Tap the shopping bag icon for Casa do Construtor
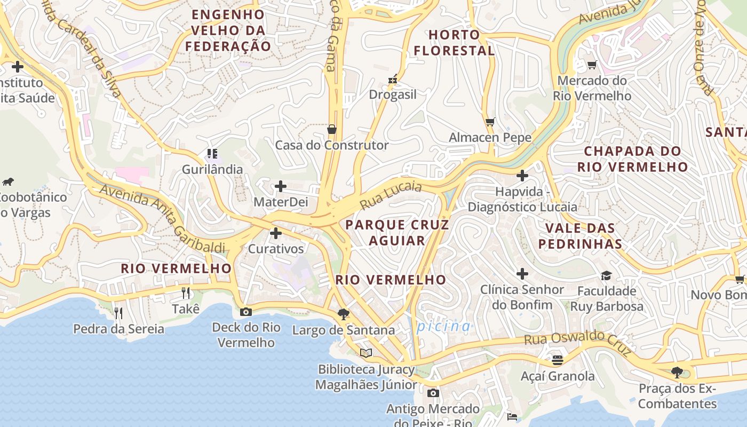click(x=331, y=129)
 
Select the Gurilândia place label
click(x=212, y=169)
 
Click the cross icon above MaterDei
click(x=281, y=186)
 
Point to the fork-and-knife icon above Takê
click(x=186, y=292)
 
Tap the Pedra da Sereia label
click(x=118, y=329)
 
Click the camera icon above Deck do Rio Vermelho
click(x=246, y=312)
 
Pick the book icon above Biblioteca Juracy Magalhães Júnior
click(x=365, y=353)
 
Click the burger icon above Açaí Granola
click(x=558, y=360)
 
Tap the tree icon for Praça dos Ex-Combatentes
click(x=677, y=373)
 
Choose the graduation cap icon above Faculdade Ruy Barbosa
click(x=606, y=275)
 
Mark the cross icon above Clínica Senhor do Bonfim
click(x=522, y=274)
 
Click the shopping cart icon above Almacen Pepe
click(x=490, y=122)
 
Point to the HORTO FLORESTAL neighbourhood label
click(x=455, y=43)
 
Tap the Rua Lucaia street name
click(x=391, y=195)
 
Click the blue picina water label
click(x=444, y=326)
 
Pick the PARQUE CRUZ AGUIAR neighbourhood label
click(x=397, y=232)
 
